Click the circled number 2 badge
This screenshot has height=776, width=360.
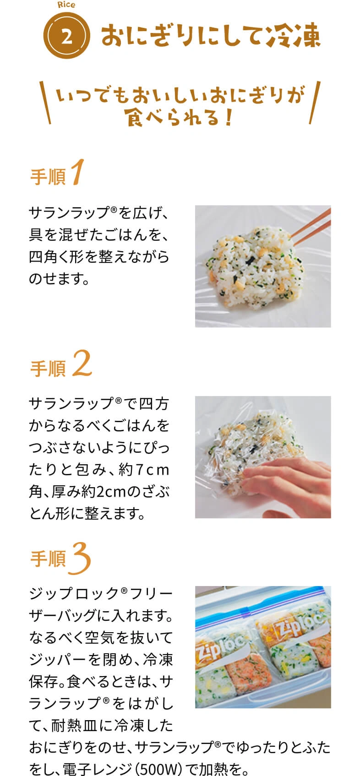pos(66,36)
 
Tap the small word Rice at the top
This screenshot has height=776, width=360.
pos(66,5)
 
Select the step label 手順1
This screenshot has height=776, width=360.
pos(57,173)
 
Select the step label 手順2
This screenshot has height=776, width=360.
pos(61,364)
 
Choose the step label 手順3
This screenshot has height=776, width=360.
pos(60,558)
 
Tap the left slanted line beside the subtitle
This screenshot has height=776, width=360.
pos(45,103)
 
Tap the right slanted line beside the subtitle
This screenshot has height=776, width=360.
pos(315,103)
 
